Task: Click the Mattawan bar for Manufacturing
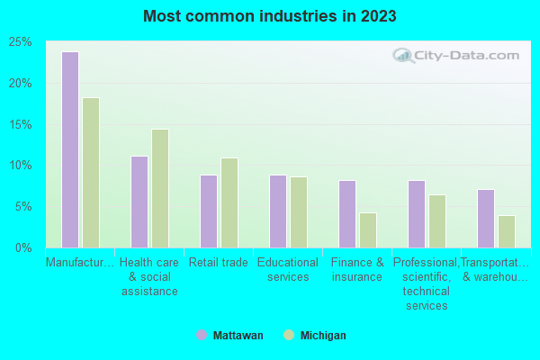click(x=69, y=149)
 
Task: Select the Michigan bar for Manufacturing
click(x=91, y=173)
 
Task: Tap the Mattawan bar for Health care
click(x=139, y=202)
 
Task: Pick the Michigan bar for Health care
click(x=160, y=188)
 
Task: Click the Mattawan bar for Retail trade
click(x=208, y=211)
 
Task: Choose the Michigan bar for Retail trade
click(x=229, y=202)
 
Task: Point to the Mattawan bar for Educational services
click(x=277, y=211)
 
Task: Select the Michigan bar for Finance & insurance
click(x=368, y=230)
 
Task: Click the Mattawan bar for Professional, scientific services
click(x=416, y=214)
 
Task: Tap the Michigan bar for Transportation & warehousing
click(x=507, y=231)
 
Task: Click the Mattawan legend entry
click(x=230, y=335)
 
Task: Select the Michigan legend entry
click(x=314, y=335)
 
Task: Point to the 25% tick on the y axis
click(x=20, y=42)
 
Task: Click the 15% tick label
click(x=20, y=124)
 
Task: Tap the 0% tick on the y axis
click(x=23, y=247)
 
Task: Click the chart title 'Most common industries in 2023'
click(x=269, y=16)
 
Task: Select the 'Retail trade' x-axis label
click(x=219, y=263)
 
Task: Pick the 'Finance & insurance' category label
click(x=357, y=269)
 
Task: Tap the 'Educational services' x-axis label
click(x=288, y=269)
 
